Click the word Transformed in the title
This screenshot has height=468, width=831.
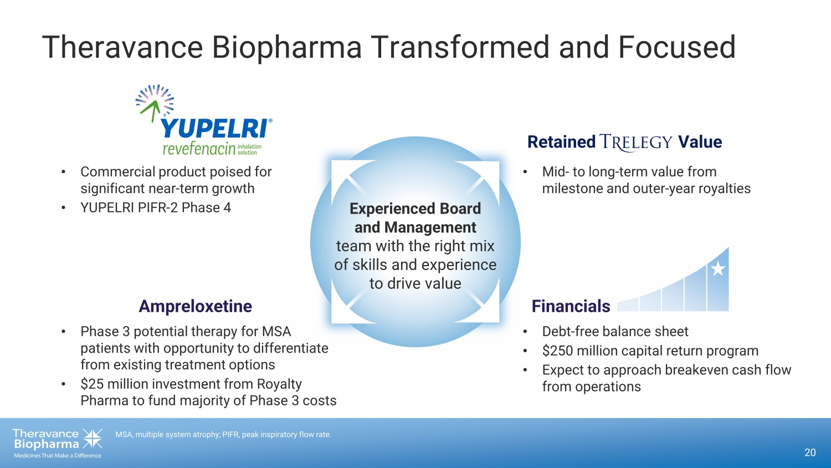pos(460,47)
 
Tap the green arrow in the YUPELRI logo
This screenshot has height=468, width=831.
pos(151,110)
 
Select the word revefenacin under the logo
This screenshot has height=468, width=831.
pos(199,149)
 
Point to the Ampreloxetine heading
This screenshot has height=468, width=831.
pos(195,306)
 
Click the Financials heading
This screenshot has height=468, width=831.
pos(571,306)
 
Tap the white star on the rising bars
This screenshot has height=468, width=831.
pos(718,268)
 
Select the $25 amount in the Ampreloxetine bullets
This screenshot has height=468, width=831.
pos(93,384)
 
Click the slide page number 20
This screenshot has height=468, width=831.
pos(810,452)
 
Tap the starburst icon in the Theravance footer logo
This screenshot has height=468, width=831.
pos(93,438)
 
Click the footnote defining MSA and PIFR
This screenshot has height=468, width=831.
pos(223,435)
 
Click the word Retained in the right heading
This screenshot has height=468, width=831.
pos(561,142)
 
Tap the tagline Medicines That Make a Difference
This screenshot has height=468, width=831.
pos(58,456)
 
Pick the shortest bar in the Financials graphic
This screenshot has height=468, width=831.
pos(628,306)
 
